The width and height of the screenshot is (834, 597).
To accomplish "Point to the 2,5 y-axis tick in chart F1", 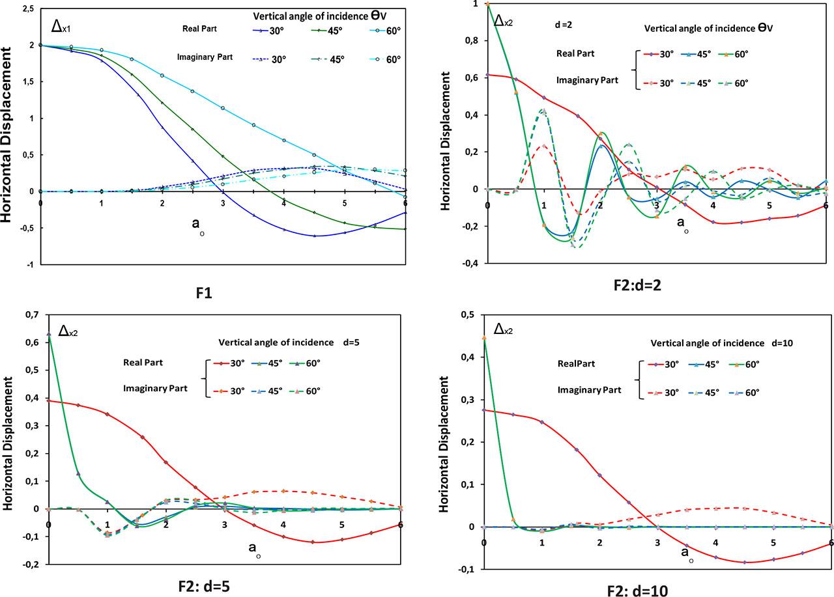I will tap(28, 8).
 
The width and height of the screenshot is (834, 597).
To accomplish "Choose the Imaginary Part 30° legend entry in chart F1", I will tap(270, 59).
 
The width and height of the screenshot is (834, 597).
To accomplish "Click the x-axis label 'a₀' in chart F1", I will tap(197, 224).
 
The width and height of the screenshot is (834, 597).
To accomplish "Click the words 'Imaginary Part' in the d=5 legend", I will tap(156, 389).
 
